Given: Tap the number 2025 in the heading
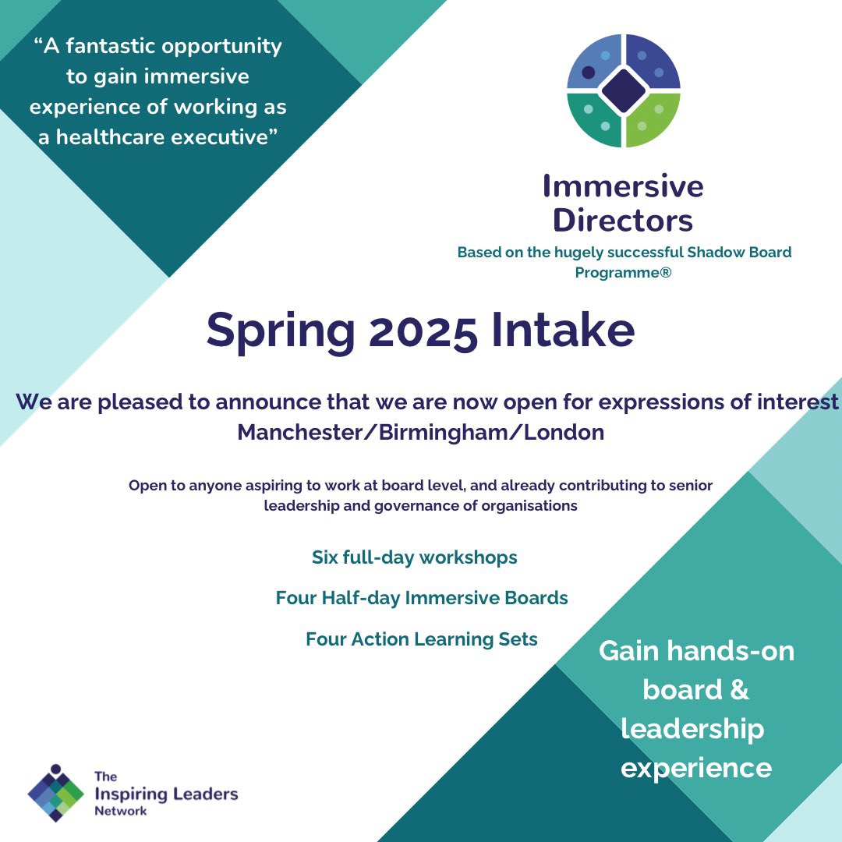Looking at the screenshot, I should point(423,330).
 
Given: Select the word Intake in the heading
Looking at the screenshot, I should point(563,330).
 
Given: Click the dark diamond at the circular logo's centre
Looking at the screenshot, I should point(624,90).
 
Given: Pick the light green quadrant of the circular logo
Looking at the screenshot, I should point(653,119).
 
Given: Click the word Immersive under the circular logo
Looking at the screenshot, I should point(623,186).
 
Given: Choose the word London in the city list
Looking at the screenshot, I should point(564,432).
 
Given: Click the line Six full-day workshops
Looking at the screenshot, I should point(414,557).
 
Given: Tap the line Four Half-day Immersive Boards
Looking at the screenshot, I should point(422,598).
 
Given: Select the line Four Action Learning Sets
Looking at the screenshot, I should point(422,639).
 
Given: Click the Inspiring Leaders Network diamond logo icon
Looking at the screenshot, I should point(55,792).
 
